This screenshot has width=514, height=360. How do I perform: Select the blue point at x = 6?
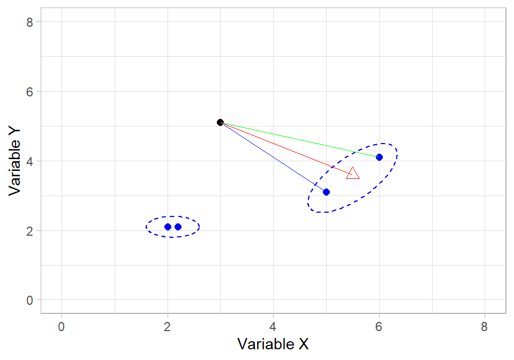[379, 157]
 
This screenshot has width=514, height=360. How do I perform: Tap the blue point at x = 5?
[326, 192]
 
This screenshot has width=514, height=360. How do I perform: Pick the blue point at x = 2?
[168, 227]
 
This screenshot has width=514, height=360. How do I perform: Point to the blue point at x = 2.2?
[178, 227]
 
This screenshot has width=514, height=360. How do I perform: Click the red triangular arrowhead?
[353, 174]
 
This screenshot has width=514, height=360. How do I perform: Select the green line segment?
[300, 140]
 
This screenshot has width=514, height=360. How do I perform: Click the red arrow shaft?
[284, 147]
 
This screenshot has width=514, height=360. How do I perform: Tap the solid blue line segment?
[273, 157]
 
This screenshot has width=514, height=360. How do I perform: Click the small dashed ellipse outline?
[173, 216]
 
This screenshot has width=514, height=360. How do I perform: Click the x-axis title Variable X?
[273, 343]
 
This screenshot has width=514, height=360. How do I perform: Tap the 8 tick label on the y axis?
[30, 22]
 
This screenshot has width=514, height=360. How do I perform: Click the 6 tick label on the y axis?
[30, 92]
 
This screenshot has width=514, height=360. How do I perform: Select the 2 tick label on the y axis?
[30, 231]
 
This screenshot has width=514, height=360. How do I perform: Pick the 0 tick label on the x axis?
[62, 326]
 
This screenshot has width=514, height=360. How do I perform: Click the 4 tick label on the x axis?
[273, 326]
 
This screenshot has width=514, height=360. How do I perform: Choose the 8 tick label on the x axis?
[485, 326]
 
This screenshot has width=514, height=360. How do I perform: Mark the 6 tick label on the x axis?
[379, 326]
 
